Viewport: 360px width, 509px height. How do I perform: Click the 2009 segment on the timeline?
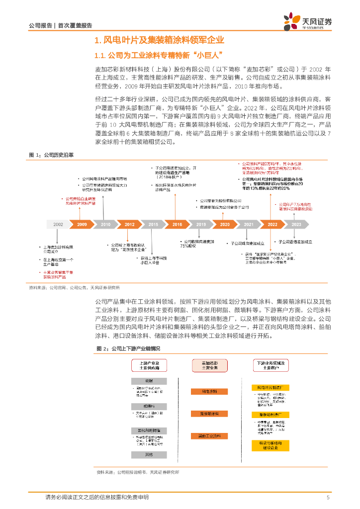click(x=82, y=225)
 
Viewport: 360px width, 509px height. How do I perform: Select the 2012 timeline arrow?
click(x=130, y=225)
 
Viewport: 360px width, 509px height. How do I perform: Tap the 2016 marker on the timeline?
click(x=177, y=225)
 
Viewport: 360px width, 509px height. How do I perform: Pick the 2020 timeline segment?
click(x=225, y=225)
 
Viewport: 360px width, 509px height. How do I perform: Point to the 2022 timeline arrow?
click(x=272, y=225)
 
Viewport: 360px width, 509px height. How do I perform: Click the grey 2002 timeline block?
click(x=58, y=225)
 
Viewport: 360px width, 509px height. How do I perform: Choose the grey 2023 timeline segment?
click(x=296, y=225)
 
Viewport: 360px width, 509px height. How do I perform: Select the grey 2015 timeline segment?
click(x=153, y=225)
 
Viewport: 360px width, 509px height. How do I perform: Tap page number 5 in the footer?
click(x=328, y=498)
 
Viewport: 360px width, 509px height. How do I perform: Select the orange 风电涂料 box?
click(x=209, y=392)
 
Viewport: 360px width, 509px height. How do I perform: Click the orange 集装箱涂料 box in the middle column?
click(x=209, y=414)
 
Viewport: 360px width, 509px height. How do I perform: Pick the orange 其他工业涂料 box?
click(x=209, y=436)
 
